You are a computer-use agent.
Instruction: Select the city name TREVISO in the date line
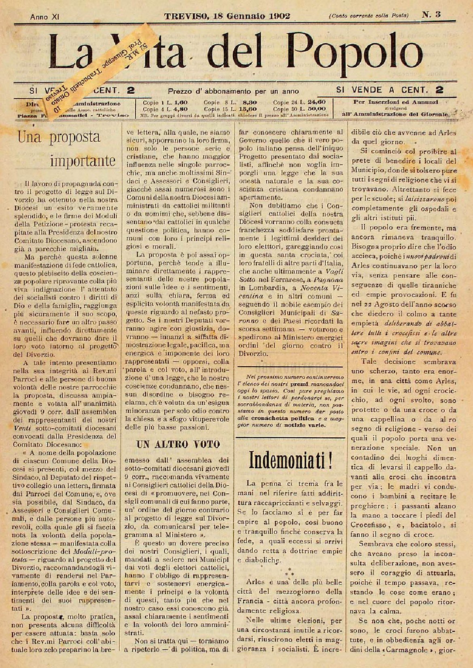pyautogui.click(x=187, y=16)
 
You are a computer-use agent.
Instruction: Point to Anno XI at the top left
pyautogui.click(x=45, y=17)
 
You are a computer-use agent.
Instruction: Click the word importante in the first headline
pyautogui.click(x=83, y=160)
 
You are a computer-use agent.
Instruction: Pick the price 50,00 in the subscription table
pyautogui.click(x=316, y=109)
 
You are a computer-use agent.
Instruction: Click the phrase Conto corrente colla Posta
pyautogui.click(x=369, y=16)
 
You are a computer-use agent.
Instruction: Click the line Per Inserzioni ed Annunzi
pyautogui.click(x=396, y=102)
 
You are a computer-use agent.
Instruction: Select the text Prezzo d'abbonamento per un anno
pyautogui.click(x=233, y=91)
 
